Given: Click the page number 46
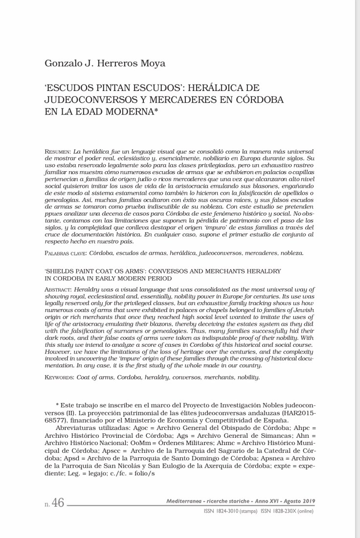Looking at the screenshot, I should pyautogui.click(x=58, y=503).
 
